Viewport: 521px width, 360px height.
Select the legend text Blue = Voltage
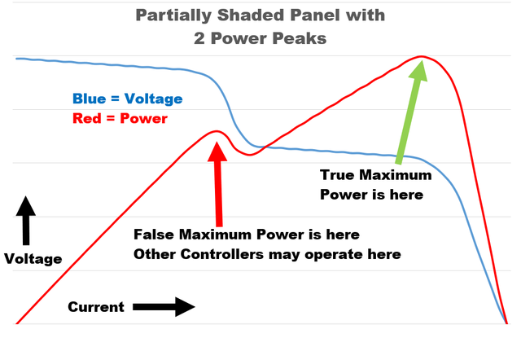coord(127,99)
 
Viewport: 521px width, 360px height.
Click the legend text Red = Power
coord(120,119)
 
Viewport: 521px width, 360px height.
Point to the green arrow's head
coord(418,72)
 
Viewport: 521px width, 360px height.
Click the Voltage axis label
coord(33,259)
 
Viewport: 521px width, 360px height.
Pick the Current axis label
coord(96,307)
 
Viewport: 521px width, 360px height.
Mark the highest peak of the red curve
coord(422,57)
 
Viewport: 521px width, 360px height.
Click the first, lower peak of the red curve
coord(215,131)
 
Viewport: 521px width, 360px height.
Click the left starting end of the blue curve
coord(17,59)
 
